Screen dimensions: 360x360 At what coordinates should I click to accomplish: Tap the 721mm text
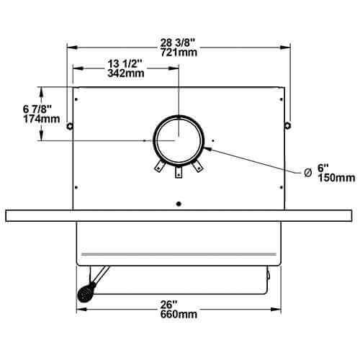point(179,53)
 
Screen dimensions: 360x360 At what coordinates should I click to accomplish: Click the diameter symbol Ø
point(307,171)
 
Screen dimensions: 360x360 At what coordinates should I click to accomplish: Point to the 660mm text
point(179,314)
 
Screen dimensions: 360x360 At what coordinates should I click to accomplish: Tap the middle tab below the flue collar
point(179,171)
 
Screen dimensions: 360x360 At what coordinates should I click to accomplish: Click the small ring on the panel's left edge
point(70,127)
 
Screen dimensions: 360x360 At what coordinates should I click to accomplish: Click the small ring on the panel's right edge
point(287,126)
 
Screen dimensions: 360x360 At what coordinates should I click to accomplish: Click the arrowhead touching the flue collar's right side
point(207,149)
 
